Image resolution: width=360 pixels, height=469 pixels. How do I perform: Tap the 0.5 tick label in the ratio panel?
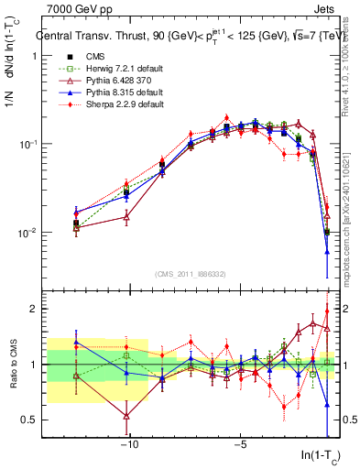pyautogui.click(x=28, y=420)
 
